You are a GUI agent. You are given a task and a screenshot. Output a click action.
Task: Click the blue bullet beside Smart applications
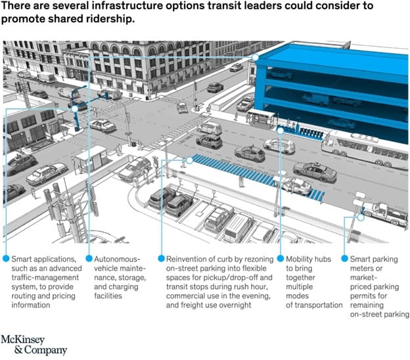point(5,259)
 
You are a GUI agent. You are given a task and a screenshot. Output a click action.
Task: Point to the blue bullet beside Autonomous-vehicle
point(89,259)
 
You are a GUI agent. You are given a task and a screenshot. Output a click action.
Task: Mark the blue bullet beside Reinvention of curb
point(162,259)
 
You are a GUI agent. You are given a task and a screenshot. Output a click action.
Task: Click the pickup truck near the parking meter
point(384,212)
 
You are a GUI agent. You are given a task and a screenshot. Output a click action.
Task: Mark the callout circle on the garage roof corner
point(256,57)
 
